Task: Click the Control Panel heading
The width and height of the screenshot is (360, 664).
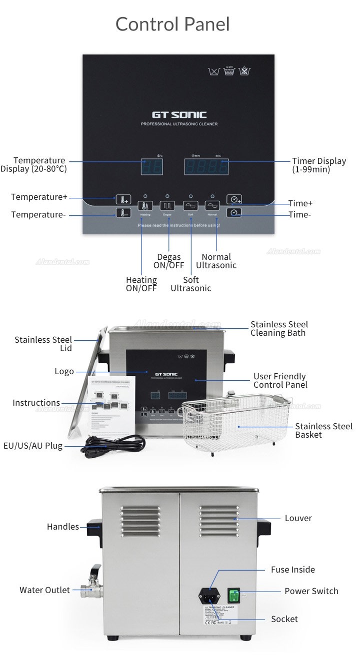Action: pyautogui.click(x=172, y=24)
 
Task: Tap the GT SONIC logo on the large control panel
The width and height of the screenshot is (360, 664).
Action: pyautogui.click(x=179, y=115)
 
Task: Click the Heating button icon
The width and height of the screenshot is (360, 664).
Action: pyautogui.click(x=145, y=205)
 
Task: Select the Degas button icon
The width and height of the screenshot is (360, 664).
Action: pyautogui.click(x=167, y=205)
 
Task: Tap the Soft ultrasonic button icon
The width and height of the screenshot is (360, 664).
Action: pyautogui.click(x=190, y=205)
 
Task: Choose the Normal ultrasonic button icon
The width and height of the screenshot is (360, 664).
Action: pyautogui.click(x=212, y=205)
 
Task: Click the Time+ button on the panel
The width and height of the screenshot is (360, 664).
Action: pyautogui.click(x=234, y=199)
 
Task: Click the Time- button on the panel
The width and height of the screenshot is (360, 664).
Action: pyautogui.click(x=234, y=213)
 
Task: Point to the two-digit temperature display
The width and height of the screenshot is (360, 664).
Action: pyautogui.click(x=151, y=167)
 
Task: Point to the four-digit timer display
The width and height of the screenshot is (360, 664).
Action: pyautogui.click(x=206, y=167)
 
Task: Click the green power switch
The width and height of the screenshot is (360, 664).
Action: pyautogui.click(x=234, y=595)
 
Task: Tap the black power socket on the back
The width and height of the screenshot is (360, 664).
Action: pyautogui.click(x=209, y=595)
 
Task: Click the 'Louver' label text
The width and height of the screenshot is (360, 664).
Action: pyautogui.click(x=298, y=518)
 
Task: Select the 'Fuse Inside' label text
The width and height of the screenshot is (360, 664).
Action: pyautogui.click(x=293, y=570)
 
